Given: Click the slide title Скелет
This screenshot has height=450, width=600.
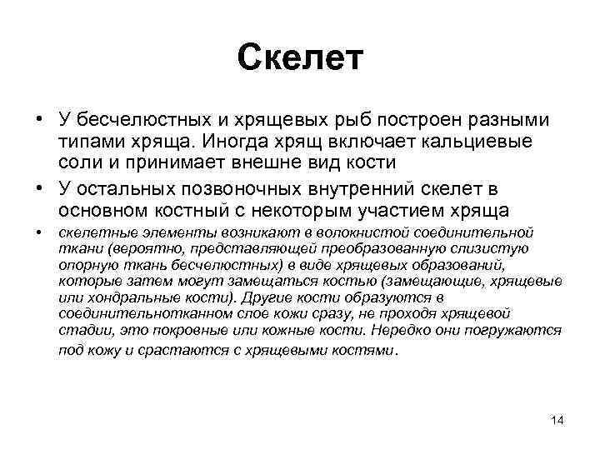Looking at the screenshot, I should tap(300, 57).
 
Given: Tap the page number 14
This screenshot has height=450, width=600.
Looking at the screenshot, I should tap(557, 420).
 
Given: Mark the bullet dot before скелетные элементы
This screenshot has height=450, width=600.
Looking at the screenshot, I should tap(40, 233).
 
